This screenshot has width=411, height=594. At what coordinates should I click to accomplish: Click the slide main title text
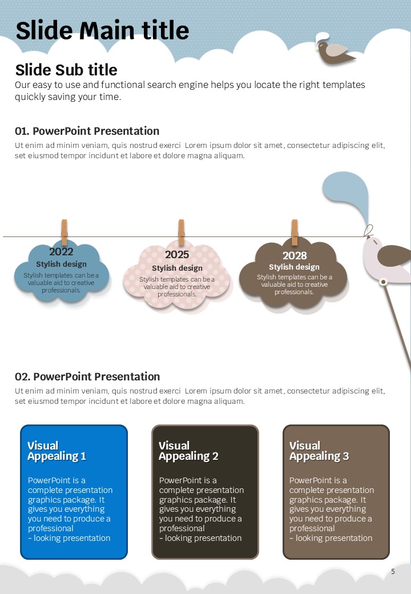(x=102, y=30)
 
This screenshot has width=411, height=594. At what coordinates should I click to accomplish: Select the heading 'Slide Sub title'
(x=66, y=70)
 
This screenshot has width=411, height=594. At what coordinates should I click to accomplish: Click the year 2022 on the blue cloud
(x=61, y=252)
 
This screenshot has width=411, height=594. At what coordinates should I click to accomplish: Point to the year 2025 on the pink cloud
(x=177, y=255)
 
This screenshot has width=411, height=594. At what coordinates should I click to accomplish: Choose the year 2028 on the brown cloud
(x=295, y=255)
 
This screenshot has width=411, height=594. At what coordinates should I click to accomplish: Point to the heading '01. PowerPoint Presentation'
(x=87, y=131)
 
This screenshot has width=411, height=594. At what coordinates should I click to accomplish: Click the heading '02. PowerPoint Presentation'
(x=87, y=376)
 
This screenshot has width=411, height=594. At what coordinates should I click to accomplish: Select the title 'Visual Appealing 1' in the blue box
(x=57, y=451)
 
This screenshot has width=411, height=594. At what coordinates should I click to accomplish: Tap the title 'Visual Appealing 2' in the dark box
(x=188, y=451)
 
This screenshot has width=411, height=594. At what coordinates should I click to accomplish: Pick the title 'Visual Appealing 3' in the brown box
(x=319, y=451)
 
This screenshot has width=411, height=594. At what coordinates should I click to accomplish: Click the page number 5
(x=393, y=571)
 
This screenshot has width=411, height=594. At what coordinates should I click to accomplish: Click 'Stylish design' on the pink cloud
(x=177, y=268)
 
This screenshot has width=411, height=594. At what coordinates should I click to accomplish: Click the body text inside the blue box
(x=70, y=509)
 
